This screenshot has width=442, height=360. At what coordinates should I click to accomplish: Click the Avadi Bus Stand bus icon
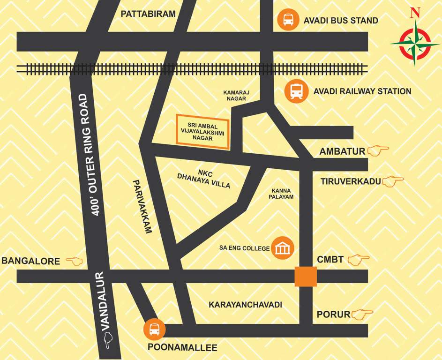coord(287,20)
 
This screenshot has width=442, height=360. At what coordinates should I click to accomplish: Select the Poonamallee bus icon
coord(154,330)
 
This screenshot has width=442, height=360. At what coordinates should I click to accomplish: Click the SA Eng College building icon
coord(283,247)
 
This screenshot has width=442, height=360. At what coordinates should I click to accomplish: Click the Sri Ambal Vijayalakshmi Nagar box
coord(203,132)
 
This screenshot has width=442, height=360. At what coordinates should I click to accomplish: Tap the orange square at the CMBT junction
coord(306,277)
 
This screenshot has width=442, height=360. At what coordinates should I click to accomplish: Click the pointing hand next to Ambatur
coord(378,151)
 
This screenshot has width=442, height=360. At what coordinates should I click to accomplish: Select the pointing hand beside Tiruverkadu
coord(393,181)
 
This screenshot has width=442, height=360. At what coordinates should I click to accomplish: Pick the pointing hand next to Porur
coord(362,314)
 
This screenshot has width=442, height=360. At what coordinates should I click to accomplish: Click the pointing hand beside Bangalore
coord(74,261)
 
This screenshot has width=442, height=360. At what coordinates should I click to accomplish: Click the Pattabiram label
coord(148,14)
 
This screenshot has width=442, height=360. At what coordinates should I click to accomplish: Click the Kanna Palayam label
coord(281,194)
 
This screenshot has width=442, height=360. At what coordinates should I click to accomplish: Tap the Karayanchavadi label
coord(245,305)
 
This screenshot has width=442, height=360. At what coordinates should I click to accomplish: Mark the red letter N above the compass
coord(414,13)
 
